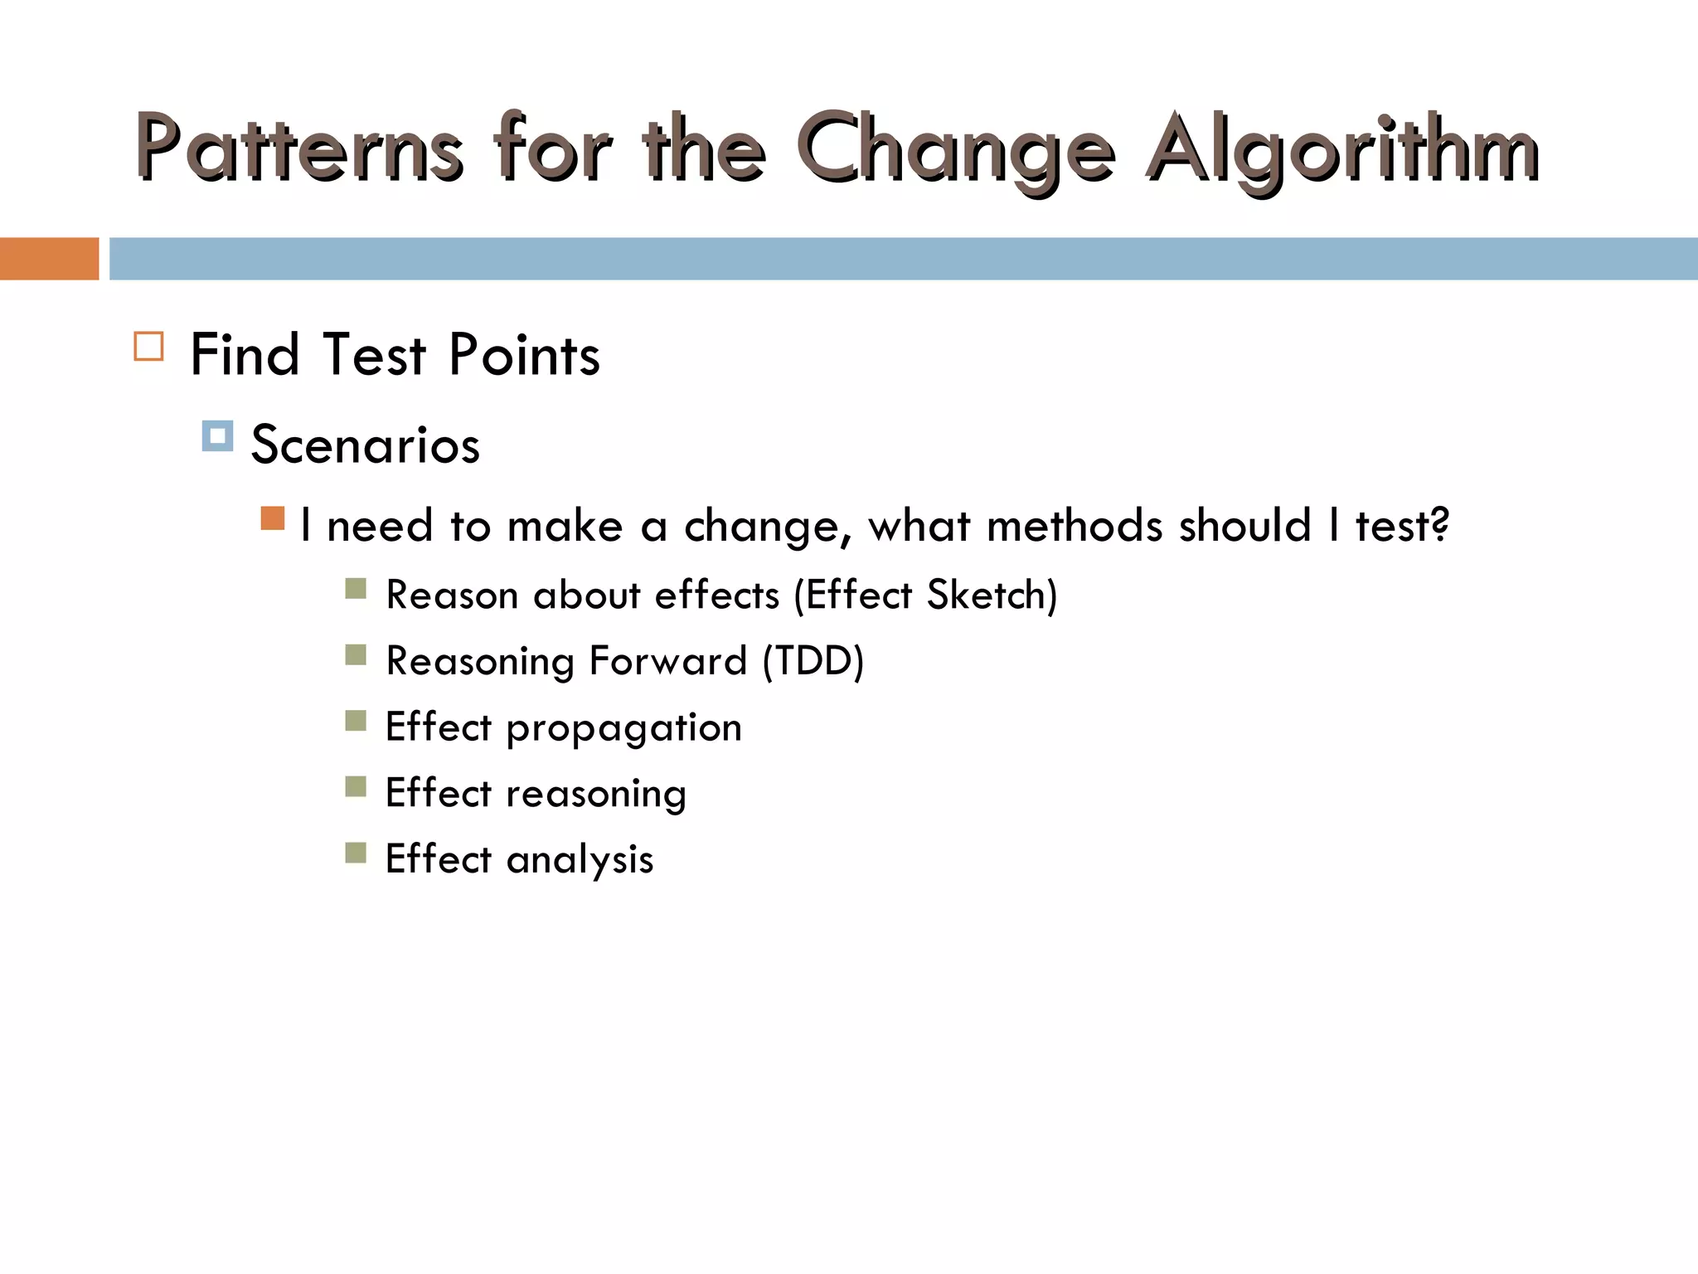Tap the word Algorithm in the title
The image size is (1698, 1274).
[1343, 149]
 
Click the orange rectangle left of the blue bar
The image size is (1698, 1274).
[49, 259]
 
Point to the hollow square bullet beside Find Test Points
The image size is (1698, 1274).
[149, 346]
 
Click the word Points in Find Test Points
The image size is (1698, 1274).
[524, 356]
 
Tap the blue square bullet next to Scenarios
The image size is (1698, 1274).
[217, 436]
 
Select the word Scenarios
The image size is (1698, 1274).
[366, 445]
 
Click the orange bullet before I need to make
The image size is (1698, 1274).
[273, 518]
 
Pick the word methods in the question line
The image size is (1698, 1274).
[1075, 526]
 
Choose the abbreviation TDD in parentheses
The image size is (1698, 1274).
[813, 661]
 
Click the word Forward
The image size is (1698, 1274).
[668, 661]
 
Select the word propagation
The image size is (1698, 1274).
[623, 728]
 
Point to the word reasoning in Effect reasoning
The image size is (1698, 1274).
[596, 794]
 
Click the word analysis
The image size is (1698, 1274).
[580, 859]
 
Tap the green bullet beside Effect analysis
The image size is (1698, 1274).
[356, 853]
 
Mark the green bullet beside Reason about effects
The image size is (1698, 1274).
[356, 589]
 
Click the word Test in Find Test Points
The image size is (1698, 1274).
[375, 356]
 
